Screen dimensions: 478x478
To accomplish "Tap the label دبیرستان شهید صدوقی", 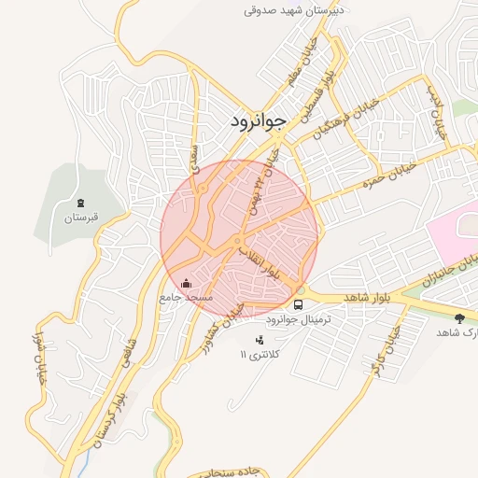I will (294, 10).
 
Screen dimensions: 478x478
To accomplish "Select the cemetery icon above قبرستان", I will (81, 203).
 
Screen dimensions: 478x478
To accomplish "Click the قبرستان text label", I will (81, 218).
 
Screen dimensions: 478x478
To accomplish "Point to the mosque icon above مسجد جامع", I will (186, 283).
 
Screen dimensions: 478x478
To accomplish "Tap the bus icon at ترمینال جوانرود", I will (299, 303).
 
